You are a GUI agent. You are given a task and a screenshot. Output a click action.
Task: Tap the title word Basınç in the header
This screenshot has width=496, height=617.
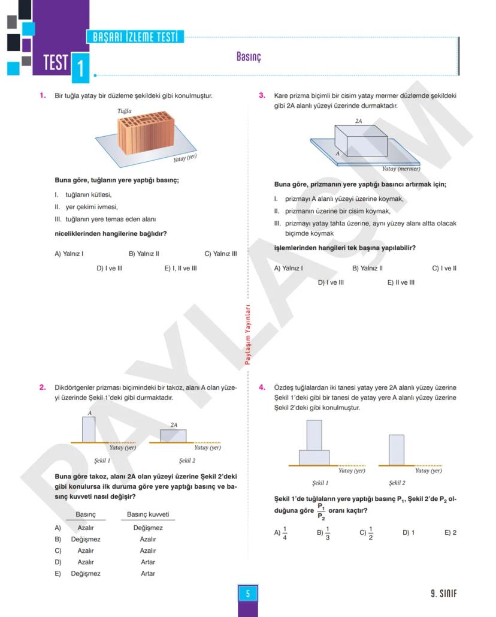point(249,57)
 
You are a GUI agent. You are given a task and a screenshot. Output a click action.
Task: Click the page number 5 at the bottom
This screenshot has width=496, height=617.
point(247,594)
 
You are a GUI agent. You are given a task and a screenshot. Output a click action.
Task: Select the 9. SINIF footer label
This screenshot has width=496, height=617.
point(443,594)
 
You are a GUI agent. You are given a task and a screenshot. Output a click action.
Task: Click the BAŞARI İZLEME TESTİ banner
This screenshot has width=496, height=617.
point(135,37)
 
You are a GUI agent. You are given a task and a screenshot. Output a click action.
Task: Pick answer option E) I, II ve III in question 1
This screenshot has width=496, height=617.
point(180,268)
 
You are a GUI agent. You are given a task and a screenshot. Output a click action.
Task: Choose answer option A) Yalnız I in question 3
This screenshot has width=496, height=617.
point(288,268)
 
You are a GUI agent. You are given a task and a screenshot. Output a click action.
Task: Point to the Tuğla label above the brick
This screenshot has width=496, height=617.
point(125,111)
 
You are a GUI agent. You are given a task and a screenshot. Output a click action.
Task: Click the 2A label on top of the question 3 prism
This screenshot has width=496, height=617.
point(358,121)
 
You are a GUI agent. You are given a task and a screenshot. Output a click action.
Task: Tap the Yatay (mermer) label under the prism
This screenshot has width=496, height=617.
point(401,168)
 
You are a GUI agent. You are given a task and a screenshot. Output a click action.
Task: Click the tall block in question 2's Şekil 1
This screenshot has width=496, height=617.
point(89,429)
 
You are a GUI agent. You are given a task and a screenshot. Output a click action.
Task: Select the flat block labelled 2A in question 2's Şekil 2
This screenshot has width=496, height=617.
point(173,436)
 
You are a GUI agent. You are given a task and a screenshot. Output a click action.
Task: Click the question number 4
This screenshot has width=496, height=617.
point(262,387)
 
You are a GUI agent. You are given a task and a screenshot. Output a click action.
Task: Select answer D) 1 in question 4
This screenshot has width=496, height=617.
point(409,532)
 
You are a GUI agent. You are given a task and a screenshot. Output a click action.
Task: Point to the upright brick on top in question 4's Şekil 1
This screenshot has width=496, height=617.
point(314,435)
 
